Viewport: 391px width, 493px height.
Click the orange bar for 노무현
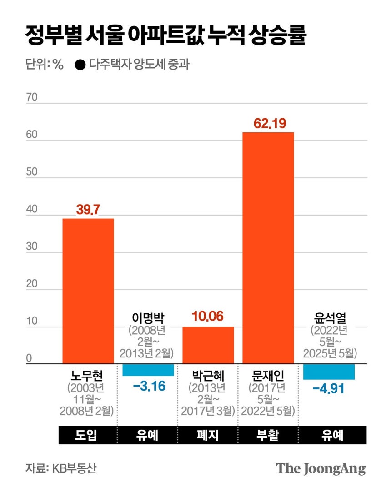pyautogui.click(x=88, y=291)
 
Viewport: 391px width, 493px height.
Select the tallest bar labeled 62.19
pyautogui.click(x=268, y=248)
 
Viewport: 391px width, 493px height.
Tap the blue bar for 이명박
pyautogui.click(x=148, y=370)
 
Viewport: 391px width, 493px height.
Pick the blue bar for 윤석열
pyautogui.click(x=329, y=372)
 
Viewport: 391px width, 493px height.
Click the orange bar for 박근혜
pyautogui.click(x=208, y=345)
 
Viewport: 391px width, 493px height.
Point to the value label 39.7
pyautogui.click(x=88, y=210)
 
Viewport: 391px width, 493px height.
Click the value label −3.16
pyautogui.click(x=149, y=387)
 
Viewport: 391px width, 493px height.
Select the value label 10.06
pyautogui.click(x=208, y=317)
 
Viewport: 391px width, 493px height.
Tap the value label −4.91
pyautogui.click(x=328, y=390)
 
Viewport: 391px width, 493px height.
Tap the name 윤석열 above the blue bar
pyautogui.click(x=328, y=317)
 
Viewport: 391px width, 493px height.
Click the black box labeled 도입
pyautogui.click(x=88, y=435)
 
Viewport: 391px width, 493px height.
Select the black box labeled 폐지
pyautogui.click(x=208, y=435)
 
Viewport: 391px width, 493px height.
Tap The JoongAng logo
pyautogui.click(x=321, y=468)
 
